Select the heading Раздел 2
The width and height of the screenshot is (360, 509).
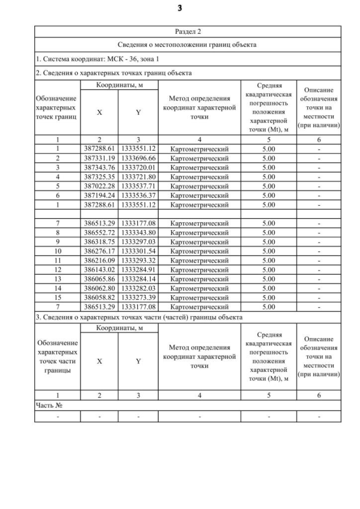[x=188, y=31]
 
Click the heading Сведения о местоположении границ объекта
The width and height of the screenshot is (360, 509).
[x=188, y=45]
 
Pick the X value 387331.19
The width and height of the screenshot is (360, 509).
[x=100, y=158]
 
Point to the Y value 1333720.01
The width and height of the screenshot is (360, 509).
[x=138, y=168]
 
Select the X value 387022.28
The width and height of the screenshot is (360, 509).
[x=100, y=186]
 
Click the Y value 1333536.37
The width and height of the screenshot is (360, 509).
[x=138, y=195]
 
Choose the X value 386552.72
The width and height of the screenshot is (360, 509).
[x=100, y=232]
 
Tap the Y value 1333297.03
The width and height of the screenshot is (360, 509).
[x=138, y=242]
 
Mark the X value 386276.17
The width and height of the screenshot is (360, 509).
[x=100, y=251]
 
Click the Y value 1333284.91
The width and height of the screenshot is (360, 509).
[x=138, y=269]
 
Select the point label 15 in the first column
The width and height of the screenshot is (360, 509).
[x=57, y=298]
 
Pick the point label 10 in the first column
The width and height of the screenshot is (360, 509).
[x=57, y=251]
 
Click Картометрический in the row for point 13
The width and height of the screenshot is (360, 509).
[x=199, y=279]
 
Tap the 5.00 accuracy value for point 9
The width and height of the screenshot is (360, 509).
[x=268, y=242]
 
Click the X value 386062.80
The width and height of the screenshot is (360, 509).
[x=100, y=288]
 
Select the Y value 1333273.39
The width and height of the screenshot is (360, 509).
[x=138, y=298]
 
